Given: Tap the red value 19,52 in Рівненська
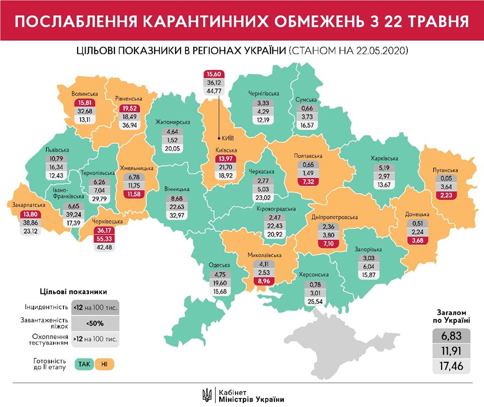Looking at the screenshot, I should (130, 108).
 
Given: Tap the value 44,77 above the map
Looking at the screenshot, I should (213, 91).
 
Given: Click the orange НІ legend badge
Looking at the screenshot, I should (104, 363).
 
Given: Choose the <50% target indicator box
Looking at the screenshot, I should (96, 323).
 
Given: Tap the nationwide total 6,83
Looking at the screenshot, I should (452, 335).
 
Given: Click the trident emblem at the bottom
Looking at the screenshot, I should (206, 393).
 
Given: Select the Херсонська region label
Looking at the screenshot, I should (314, 275).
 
